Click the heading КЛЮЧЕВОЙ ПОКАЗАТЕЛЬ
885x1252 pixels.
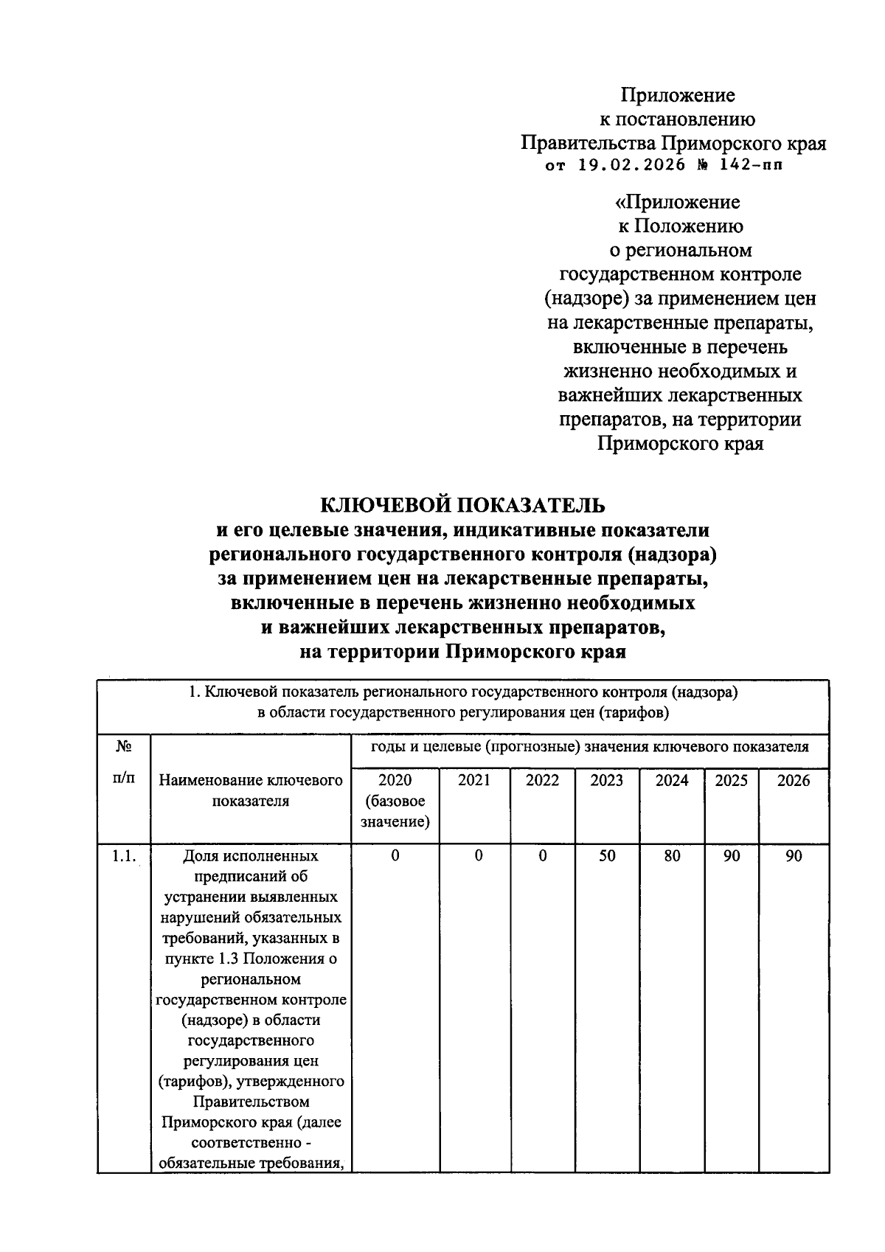point(462,505)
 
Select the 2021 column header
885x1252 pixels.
point(474,781)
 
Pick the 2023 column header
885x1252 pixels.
point(606,781)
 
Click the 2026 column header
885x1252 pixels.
point(794,781)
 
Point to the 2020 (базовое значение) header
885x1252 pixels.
point(395,801)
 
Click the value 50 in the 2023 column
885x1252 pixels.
point(607,856)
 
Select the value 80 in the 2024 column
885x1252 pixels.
point(672,856)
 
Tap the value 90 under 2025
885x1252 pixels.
point(731,856)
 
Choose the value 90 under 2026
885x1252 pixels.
point(794,856)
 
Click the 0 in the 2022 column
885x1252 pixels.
point(543,856)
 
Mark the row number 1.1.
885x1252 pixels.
point(123,856)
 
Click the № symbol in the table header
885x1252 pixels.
point(123,747)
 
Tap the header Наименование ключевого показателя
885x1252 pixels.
point(251,790)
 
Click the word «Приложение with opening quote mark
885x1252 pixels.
point(678,202)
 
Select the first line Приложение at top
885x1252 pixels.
point(678,96)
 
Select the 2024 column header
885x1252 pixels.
point(672,781)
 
